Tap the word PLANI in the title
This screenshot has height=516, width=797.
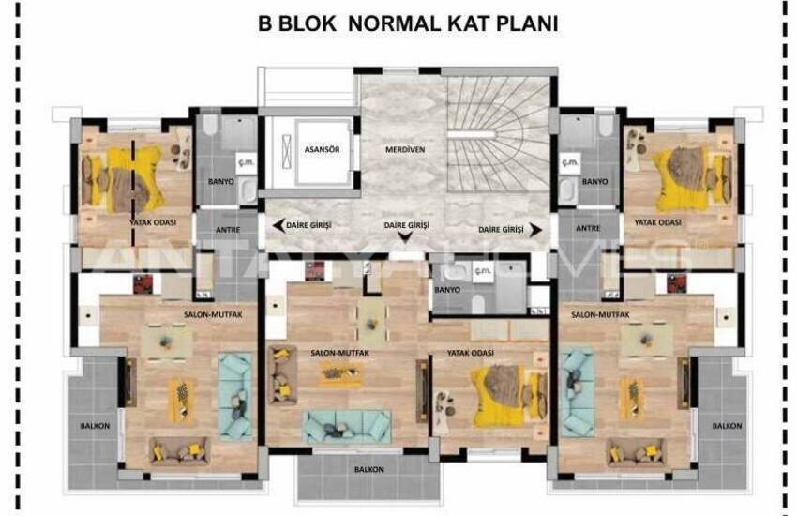coord(524,24)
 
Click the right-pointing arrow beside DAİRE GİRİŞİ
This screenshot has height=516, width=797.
coord(535,229)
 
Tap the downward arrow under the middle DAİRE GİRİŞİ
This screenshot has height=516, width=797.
coord(406,238)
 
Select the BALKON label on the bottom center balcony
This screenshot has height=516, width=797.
coord(368,468)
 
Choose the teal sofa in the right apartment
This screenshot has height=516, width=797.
coord(577,384)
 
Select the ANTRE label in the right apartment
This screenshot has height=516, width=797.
coord(588,227)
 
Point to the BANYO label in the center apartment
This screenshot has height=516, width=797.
coord(447,290)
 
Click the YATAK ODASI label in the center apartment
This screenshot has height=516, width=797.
coord(474,353)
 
